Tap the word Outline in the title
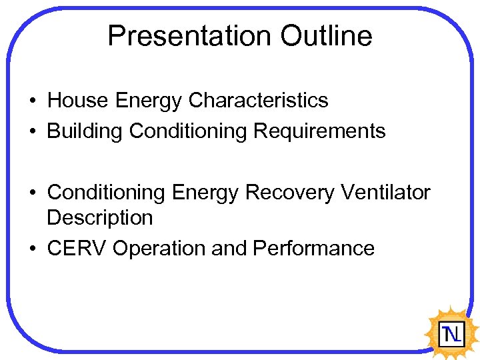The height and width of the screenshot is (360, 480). pos(326,35)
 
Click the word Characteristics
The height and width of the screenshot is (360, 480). pos(258,101)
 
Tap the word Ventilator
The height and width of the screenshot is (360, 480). pos(385,193)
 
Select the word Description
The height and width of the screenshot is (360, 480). pos(99,218)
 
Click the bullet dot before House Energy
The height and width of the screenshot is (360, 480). pos(32,101)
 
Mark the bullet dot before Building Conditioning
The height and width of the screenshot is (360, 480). pos(32,132)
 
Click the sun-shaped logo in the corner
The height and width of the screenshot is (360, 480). pos(451,331)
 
